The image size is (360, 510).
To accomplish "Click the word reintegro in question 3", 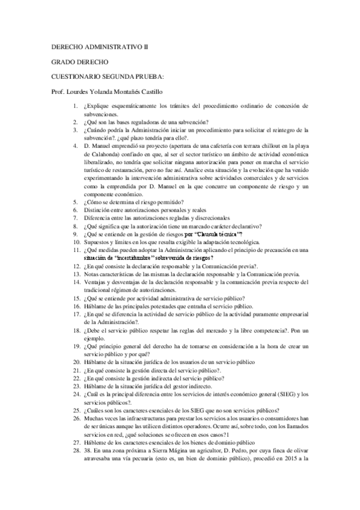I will tap(285, 129).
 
